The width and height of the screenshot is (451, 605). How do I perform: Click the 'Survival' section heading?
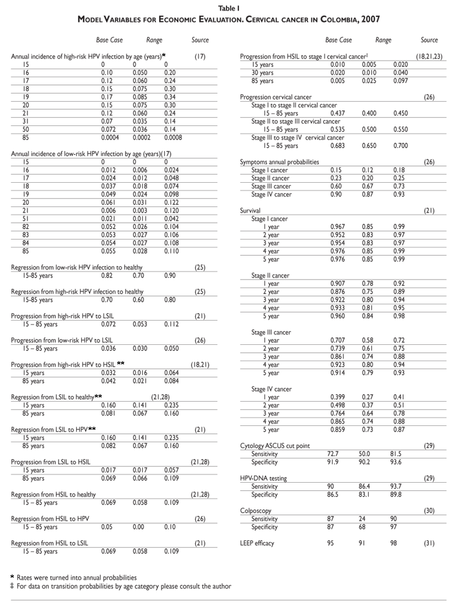pos(250,211)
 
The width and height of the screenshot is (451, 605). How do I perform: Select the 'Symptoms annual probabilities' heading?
pos(279,162)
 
